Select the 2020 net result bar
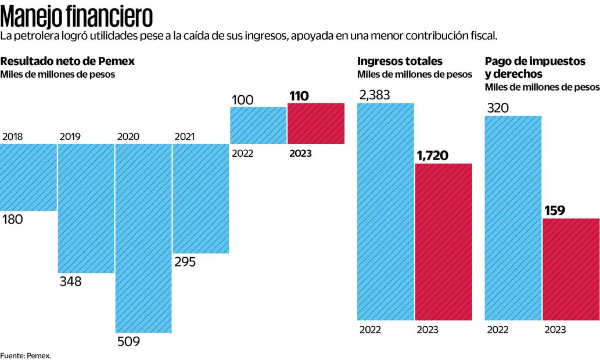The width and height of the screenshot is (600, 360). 143,238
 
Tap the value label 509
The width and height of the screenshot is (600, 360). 128,341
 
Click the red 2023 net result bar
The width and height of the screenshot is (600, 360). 316,123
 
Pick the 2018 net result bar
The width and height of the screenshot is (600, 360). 28,177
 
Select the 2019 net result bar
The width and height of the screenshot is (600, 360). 86,208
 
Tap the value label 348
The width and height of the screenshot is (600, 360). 70,282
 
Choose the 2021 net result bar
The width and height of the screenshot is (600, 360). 201,199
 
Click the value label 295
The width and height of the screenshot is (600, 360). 185,262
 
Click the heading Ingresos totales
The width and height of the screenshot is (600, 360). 400,61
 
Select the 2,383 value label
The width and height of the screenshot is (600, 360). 374,95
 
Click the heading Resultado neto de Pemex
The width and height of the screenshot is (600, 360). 68,61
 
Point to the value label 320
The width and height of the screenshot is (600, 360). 496,107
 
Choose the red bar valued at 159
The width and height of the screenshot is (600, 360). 571,269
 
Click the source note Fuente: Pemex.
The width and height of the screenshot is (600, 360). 26,355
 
